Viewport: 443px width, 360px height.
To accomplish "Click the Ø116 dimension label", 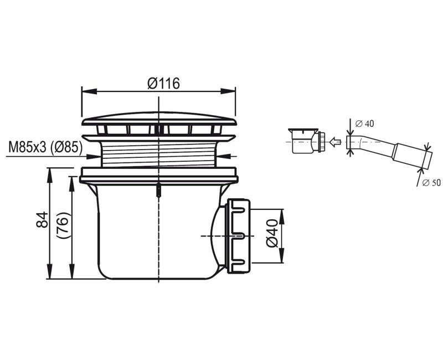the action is point(163,84).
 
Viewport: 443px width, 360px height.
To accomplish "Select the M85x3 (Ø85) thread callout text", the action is point(45,147).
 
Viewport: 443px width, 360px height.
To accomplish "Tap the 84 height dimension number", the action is point(43,219).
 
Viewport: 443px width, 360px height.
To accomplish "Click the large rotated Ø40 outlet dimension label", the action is point(272,233).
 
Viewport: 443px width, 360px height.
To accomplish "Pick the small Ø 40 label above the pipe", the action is point(364,124).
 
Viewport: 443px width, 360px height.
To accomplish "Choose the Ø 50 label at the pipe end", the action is point(431,183).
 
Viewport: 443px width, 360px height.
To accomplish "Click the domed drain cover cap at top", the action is point(159,119).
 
